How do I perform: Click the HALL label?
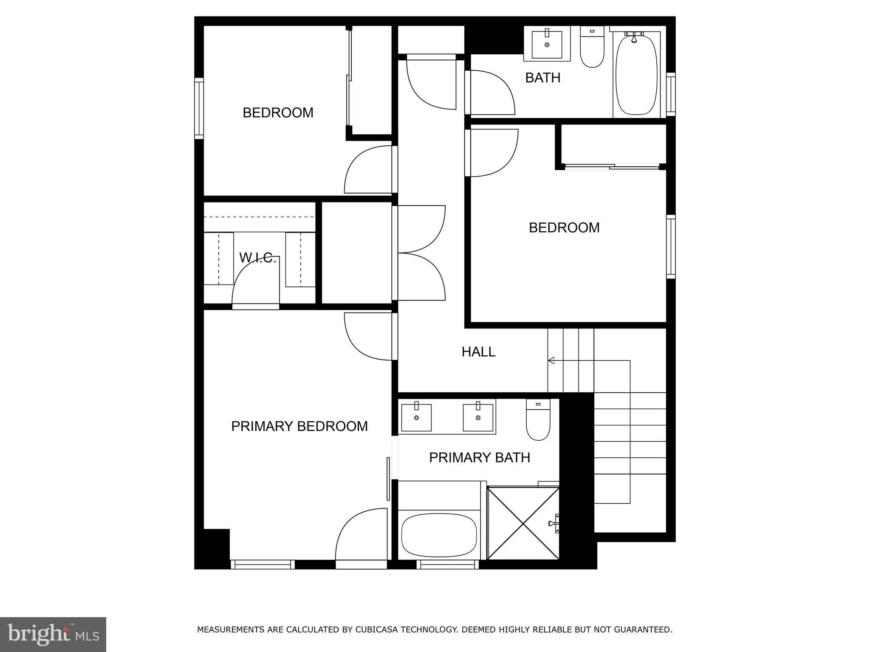pyautogui.click(x=478, y=351)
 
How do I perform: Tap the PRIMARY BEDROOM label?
pyautogui.click(x=299, y=426)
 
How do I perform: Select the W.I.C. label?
pyautogui.click(x=257, y=258)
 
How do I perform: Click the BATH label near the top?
pyautogui.click(x=542, y=78)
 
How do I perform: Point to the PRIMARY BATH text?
pyautogui.click(x=479, y=457)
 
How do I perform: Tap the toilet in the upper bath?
pyautogui.click(x=592, y=48)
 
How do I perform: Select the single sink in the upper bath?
pyautogui.click(x=547, y=44)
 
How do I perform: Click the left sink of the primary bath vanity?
pyautogui.click(x=416, y=418)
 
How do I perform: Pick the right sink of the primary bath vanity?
pyautogui.click(x=478, y=418)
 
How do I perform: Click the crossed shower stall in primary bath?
pyautogui.click(x=523, y=523)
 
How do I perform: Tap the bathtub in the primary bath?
pyautogui.click(x=439, y=535)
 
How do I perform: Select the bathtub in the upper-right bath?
pyautogui.click(x=636, y=75)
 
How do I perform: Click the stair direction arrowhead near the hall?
pyautogui.click(x=551, y=360)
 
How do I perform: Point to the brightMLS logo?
pyautogui.click(x=53, y=634)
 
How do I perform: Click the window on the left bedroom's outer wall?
pyautogui.click(x=199, y=108)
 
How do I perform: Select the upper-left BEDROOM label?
pyautogui.click(x=278, y=112)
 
